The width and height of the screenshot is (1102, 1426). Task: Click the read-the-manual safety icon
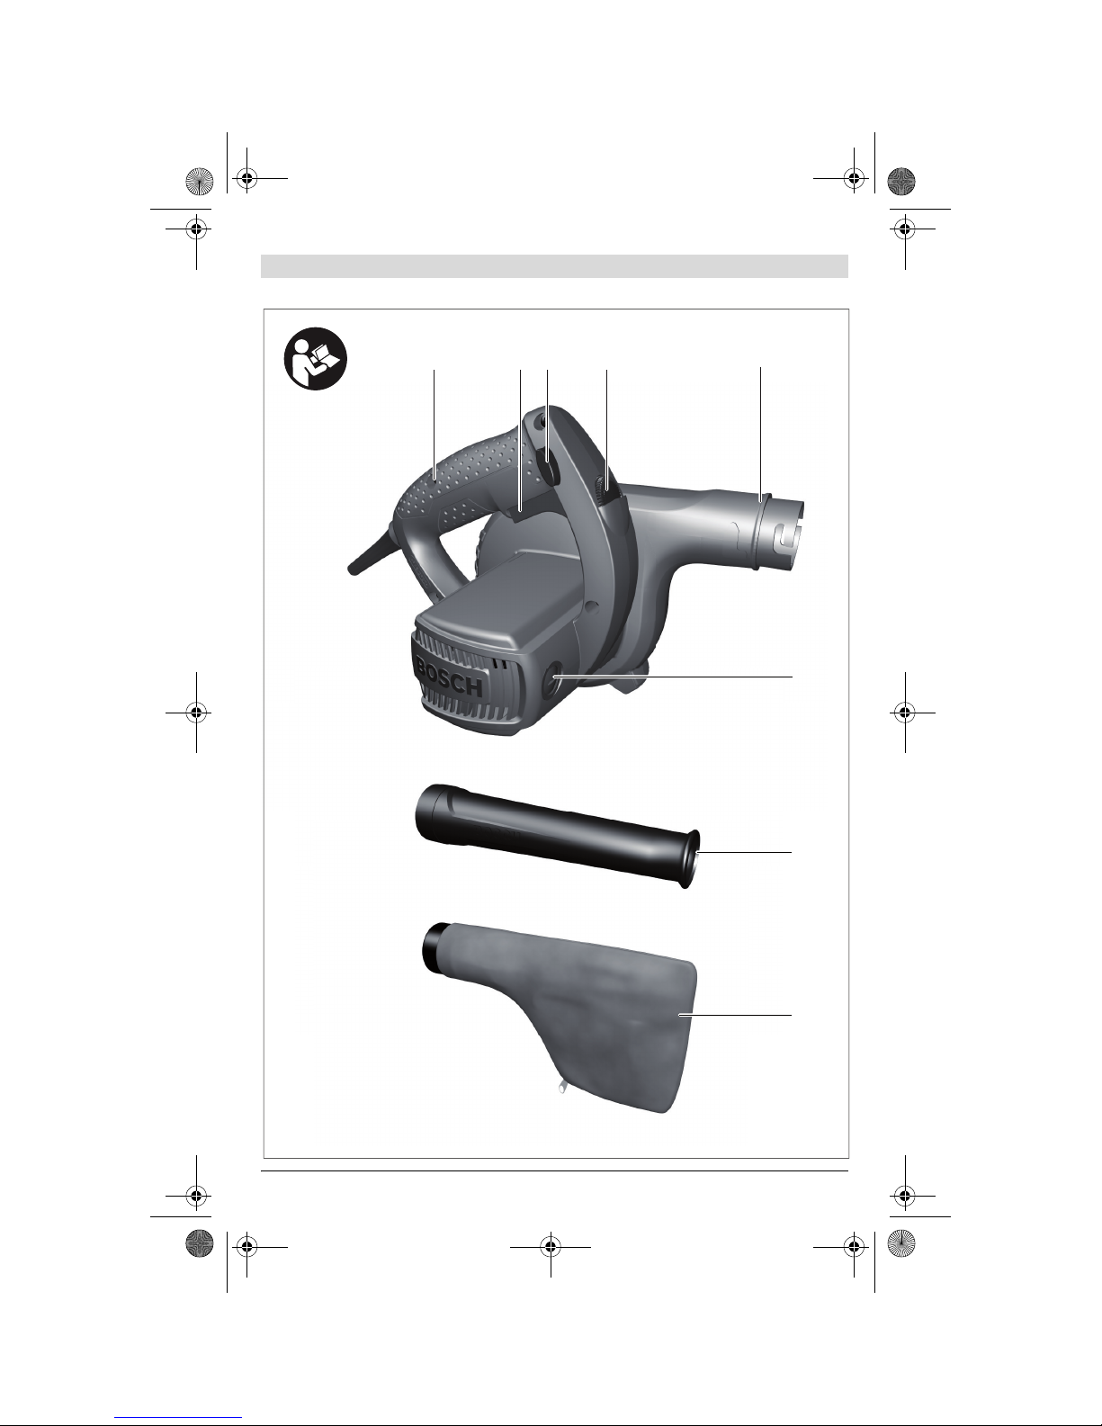point(316,359)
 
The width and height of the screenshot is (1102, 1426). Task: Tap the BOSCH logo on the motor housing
point(449,677)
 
